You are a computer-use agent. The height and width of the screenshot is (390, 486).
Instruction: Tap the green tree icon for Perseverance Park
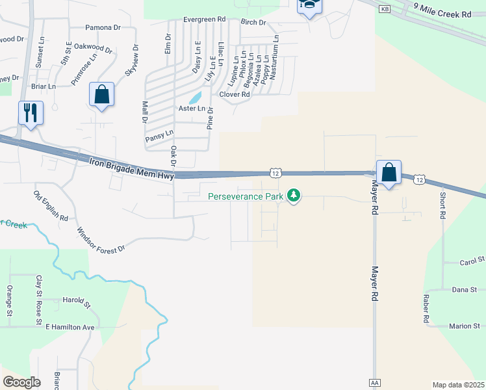click(x=294, y=195)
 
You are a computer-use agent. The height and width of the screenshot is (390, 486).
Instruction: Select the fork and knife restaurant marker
click(x=31, y=112)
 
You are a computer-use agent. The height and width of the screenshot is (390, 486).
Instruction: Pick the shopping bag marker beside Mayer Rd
click(x=389, y=173)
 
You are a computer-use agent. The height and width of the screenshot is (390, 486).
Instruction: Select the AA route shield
click(x=374, y=383)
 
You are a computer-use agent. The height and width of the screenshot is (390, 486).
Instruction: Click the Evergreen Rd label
click(x=203, y=19)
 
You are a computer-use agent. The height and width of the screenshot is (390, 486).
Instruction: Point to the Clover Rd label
click(x=235, y=94)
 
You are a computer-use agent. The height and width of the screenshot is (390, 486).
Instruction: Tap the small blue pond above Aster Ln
click(x=195, y=98)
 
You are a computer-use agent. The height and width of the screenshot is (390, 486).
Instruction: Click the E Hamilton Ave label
click(x=70, y=327)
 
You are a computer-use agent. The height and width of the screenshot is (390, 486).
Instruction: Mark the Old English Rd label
click(x=51, y=206)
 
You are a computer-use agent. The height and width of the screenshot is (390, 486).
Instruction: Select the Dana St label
click(x=464, y=289)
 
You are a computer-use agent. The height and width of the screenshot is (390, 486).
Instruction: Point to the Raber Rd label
click(x=426, y=309)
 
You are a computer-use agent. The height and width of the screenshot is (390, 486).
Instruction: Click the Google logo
click(x=22, y=382)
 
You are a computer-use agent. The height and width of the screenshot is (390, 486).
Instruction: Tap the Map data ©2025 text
click(x=458, y=385)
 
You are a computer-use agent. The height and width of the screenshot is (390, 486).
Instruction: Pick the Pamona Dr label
click(x=103, y=28)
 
